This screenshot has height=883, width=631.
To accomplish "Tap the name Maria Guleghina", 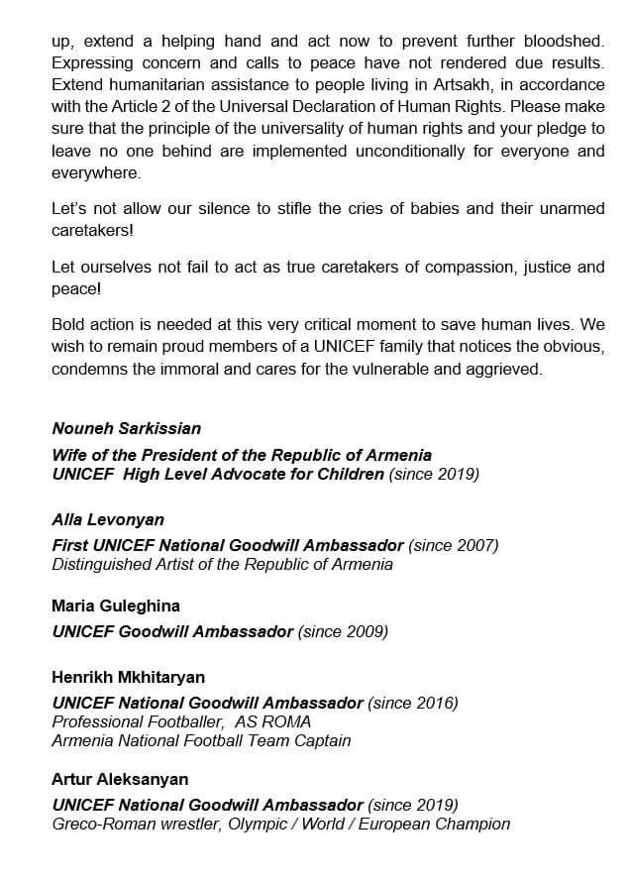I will point(115,606).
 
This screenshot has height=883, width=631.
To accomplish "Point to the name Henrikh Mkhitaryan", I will point(128,678).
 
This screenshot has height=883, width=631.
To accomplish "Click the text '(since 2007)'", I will point(453,545).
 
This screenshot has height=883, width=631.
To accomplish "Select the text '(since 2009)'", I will point(343,631).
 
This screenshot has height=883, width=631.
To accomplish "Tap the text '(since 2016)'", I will point(413,703).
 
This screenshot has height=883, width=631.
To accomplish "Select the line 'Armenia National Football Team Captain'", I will point(201,740).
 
